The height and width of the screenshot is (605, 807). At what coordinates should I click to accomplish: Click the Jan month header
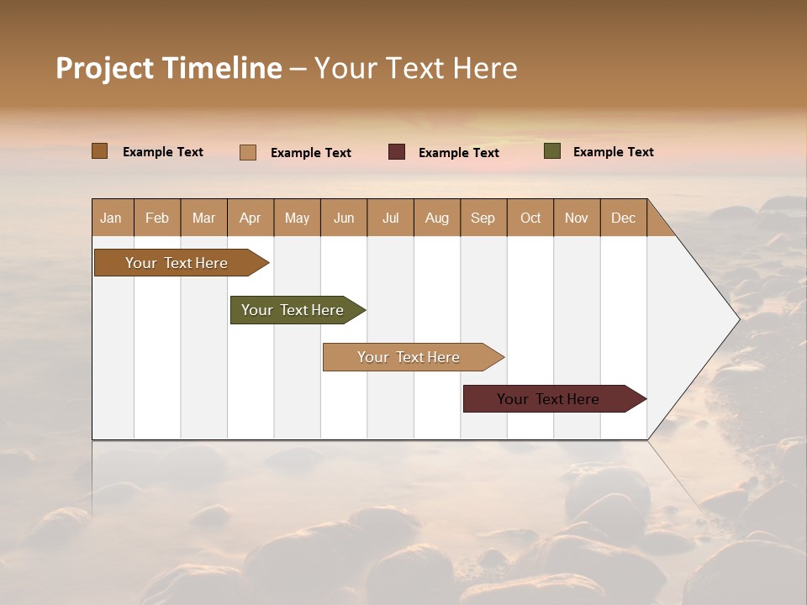[112, 218]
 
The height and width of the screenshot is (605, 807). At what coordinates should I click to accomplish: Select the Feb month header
[157, 218]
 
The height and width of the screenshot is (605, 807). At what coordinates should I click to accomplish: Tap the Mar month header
[203, 218]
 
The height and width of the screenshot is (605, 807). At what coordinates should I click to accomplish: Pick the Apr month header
[251, 218]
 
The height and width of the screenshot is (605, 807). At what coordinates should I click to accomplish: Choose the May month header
[297, 218]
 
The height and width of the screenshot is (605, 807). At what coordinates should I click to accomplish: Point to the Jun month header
[344, 218]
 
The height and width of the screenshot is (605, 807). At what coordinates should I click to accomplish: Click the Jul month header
[390, 218]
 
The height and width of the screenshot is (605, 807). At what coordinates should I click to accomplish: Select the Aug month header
[437, 218]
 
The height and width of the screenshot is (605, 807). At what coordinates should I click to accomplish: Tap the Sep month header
[483, 218]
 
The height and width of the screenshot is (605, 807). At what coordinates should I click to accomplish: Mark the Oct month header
[530, 218]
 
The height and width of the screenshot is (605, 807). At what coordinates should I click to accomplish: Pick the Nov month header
[577, 218]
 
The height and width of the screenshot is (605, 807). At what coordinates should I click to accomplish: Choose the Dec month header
[624, 218]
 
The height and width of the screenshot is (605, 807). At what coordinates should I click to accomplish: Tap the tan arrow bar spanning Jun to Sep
[409, 357]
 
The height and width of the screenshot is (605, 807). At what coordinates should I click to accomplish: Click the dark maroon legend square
[397, 152]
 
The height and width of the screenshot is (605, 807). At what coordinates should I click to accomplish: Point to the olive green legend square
[552, 151]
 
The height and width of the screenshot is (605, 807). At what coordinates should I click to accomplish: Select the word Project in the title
[104, 68]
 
